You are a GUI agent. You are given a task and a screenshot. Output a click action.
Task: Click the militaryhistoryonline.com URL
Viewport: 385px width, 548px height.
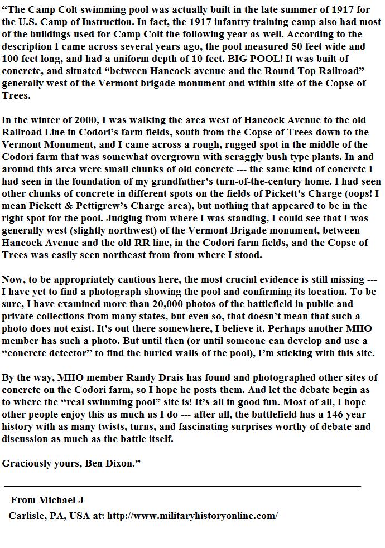pos(192,516)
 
